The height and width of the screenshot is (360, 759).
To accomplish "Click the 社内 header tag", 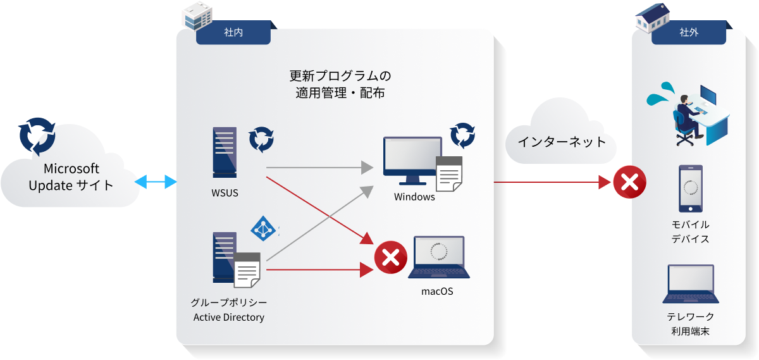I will [x=233, y=32].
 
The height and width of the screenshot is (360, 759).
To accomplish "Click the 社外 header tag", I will [x=689, y=32].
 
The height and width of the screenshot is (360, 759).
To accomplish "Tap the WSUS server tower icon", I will [x=225, y=152].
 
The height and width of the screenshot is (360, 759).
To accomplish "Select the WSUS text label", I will [x=225, y=193].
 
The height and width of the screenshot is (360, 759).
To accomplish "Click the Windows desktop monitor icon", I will [x=411, y=161].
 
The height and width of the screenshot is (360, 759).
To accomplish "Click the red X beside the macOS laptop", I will [x=390, y=258].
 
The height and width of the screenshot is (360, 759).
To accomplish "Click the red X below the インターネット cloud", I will [x=630, y=183].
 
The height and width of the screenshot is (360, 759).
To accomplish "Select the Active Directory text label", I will [x=228, y=317].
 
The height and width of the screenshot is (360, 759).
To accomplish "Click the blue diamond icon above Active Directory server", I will [x=263, y=229].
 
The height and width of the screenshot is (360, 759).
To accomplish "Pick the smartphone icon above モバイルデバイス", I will [x=690, y=189].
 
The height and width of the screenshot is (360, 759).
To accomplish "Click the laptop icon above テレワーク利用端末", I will [x=690, y=284].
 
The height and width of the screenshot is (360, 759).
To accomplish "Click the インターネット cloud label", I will [x=562, y=142].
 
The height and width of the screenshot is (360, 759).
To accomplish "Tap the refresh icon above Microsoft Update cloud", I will [x=37, y=135].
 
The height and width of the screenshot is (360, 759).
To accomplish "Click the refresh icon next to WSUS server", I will [x=261, y=139].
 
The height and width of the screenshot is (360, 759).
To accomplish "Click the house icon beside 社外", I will [x=651, y=17].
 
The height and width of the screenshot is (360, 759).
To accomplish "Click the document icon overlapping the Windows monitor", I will [x=449, y=174].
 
